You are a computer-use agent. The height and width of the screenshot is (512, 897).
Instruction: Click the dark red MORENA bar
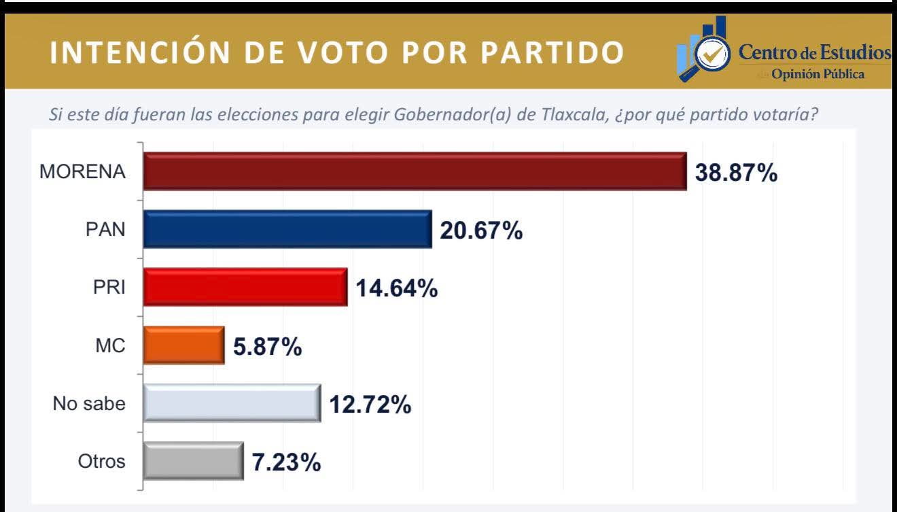415,171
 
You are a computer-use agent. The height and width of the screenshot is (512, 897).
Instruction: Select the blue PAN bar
287,230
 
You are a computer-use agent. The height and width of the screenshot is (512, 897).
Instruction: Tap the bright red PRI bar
245,288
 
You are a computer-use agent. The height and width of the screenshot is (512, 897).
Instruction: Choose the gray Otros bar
193,462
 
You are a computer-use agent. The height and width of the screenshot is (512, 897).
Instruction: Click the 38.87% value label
736,173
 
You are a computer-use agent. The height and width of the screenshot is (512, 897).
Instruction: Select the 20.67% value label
481,231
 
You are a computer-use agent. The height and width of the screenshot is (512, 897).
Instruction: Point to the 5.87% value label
267,347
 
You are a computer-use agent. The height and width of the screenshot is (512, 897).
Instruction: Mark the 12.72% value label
370,405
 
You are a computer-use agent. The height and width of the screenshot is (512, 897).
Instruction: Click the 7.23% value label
286,463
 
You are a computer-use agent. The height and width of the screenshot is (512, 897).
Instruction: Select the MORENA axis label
82,172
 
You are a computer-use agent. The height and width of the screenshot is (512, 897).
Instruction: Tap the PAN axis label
105,230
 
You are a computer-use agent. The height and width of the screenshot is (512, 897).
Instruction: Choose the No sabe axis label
89,404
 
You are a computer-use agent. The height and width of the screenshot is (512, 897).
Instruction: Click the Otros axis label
101,462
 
